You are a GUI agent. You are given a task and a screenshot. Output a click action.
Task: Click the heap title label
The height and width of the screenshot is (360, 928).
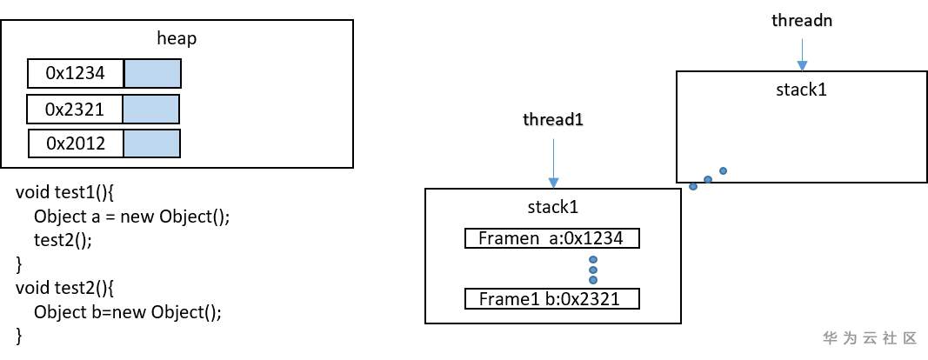(177, 38)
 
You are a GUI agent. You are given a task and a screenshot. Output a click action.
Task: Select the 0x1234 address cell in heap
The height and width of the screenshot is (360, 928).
(76, 74)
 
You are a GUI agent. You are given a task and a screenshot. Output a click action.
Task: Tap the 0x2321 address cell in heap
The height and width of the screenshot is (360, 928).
(75, 109)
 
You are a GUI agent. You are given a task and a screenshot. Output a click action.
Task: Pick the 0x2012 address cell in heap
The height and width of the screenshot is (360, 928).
(76, 143)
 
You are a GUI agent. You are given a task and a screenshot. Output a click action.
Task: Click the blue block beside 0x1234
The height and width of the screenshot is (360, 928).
(152, 74)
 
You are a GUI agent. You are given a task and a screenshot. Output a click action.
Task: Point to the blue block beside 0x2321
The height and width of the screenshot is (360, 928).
(150, 109)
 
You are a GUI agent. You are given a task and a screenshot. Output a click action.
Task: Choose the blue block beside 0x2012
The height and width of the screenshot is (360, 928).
(151, 143)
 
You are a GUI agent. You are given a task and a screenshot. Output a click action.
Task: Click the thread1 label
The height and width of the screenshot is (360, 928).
(552, 120)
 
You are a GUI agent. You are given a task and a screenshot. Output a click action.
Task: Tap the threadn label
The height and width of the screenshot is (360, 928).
(802, 20)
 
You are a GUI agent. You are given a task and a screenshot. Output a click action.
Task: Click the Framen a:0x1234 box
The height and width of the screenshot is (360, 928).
(552, 238)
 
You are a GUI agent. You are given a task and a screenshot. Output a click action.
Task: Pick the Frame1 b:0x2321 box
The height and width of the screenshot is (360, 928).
(552, 299)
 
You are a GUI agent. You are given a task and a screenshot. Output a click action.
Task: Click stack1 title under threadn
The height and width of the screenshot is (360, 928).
(801, 89)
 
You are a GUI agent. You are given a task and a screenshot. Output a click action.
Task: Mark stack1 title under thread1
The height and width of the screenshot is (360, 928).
(552, 207)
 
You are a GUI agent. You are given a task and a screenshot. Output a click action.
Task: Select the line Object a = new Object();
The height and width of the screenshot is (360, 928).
(131, 216)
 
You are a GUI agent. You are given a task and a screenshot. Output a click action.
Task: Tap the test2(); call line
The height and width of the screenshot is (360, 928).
(62, 238)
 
